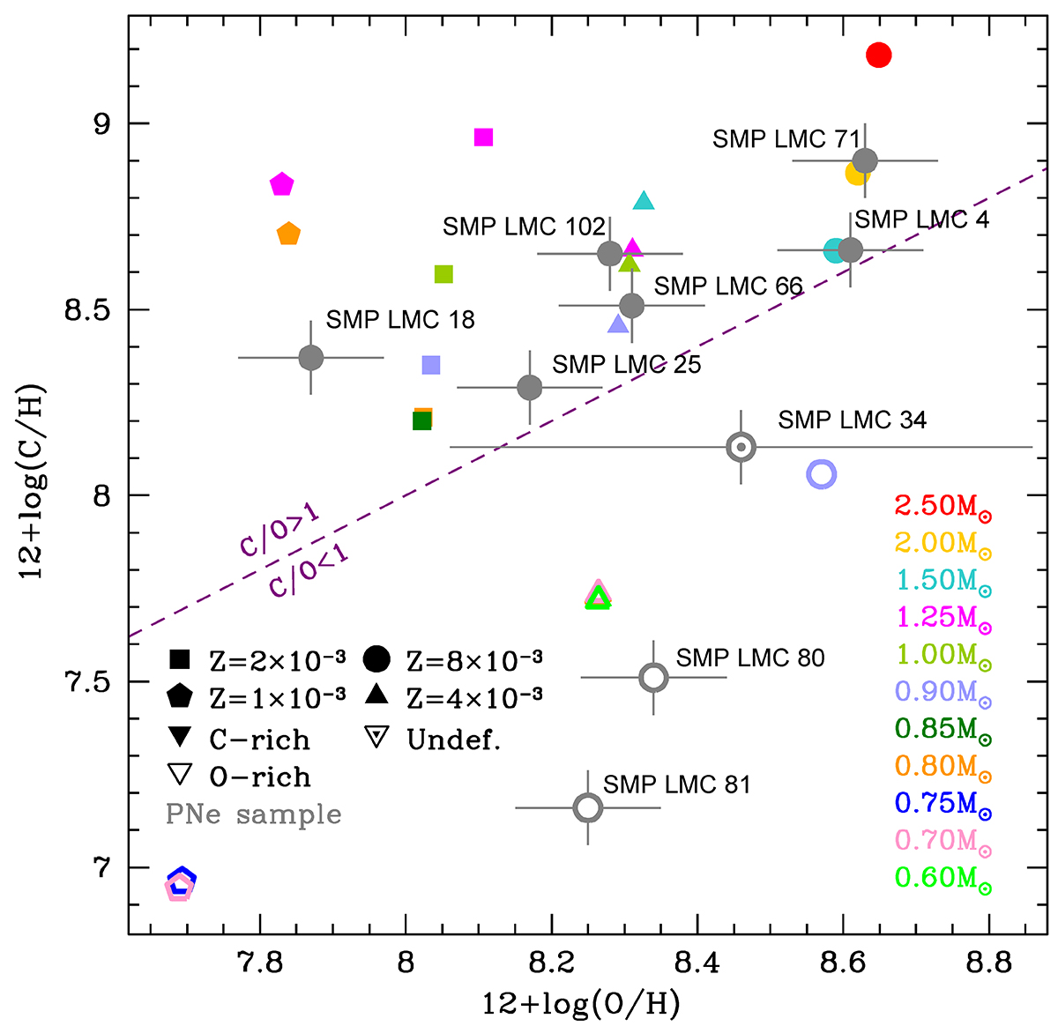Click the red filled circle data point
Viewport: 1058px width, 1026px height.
click(x=878, y=56)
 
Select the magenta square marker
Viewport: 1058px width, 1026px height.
click(x=483, y=138)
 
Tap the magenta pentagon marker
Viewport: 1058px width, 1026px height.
click(x=281, y=185)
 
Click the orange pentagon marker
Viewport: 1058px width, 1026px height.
click(x=288, y=234)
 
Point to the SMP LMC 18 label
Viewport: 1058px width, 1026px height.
click(x=400, y=320)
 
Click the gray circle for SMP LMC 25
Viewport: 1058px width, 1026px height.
click(x=529, y=387)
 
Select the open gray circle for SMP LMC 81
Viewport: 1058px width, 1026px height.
click(x=588, y=807)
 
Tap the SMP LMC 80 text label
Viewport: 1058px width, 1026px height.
click(x=750, y=658)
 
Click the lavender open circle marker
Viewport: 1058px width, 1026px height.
click(x=821, y=474)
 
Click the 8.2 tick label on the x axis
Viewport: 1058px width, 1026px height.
click(x=551, y=963)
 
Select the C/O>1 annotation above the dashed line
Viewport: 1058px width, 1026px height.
click(x=279, y=532)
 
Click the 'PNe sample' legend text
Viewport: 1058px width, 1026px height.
click(x=253, y=814)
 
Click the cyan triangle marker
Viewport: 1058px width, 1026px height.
click(x=644, y=201)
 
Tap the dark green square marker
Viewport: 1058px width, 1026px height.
click(x=422, y=420)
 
